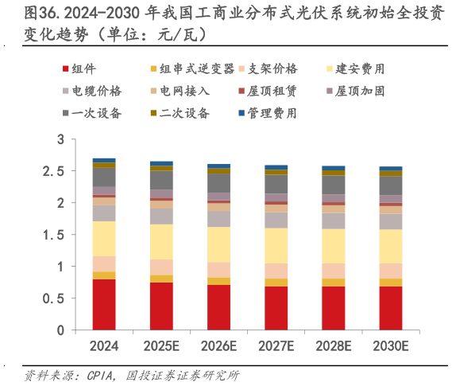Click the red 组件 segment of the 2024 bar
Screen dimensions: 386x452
pos(104,304)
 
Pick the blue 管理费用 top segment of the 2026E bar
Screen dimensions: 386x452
pos(218,166)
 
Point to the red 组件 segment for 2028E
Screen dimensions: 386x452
pos(333,308)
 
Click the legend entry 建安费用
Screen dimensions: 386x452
pos(360,69)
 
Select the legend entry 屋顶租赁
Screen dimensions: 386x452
pos(268,91)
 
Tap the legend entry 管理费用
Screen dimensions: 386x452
pos(268,113)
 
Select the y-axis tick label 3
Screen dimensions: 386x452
pos(60,139)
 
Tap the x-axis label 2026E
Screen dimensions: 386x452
pos(218,346)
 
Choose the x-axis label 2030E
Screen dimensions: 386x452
pos(390,346)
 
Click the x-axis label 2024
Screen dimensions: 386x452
pos(104,346)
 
